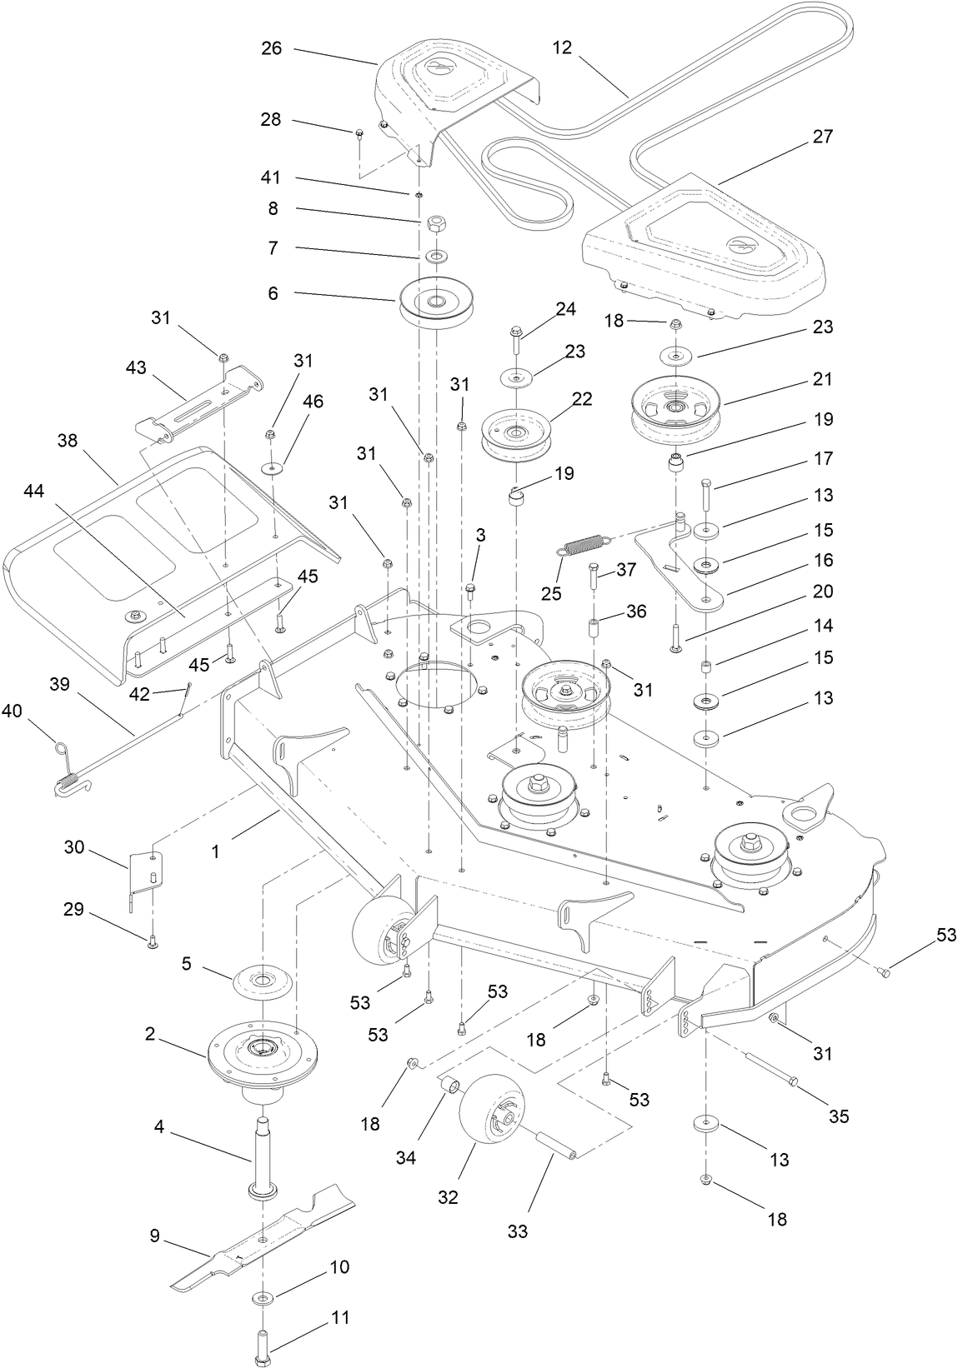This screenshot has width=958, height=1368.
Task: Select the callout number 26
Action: pyautogui.click(x=272, y=48)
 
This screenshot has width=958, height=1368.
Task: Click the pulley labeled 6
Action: pyautogui.click(x=436, y=303)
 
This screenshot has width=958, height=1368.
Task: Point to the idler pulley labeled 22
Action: pyautogui.click(x=517, y=433)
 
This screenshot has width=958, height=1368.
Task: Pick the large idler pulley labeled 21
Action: pyautogui.click(x=675, y=408)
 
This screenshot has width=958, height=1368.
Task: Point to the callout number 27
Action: pyautogui.click(x=822, y=137)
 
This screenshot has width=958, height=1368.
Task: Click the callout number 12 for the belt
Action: pyautogui.click(x=562, y=48)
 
